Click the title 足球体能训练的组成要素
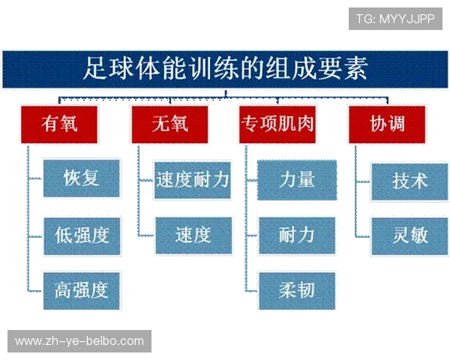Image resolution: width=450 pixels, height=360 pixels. (225, 70)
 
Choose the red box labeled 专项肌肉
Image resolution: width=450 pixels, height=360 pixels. (277, 123)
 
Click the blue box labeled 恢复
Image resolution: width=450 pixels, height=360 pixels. (81, 178)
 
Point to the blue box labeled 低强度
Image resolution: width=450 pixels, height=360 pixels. (81, 235)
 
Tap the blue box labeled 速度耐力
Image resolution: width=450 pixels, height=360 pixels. (192, 179)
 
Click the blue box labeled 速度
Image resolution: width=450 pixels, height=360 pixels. (192, 235)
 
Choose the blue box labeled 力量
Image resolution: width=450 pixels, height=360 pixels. (297, 179)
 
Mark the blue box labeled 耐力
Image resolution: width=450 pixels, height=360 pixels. (297, 235)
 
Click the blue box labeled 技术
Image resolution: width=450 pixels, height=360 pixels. (409, 181)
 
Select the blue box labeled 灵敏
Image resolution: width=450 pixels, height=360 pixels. (409, 235)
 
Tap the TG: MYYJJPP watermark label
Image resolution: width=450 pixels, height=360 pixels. (395, 18)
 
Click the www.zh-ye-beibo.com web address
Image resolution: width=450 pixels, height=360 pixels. (79, 341)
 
